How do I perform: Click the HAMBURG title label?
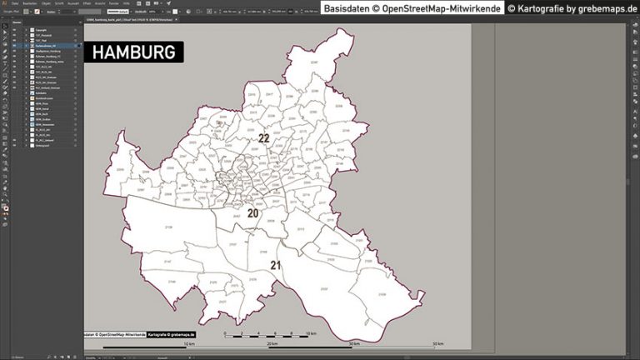pos(133,52)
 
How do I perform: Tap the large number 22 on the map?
pos(263,138)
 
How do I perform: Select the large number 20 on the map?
pos(252,213)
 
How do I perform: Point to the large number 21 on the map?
pos(276,265)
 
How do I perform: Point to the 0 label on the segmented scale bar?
pos(226,332)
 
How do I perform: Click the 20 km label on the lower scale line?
pos(272,343)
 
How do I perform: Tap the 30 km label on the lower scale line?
pos(355,343)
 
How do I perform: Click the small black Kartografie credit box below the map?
pos(172,333)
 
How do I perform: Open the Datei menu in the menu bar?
pos(15,3)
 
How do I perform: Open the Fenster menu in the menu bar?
pos(114,3)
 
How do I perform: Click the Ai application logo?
pos(4,3)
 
